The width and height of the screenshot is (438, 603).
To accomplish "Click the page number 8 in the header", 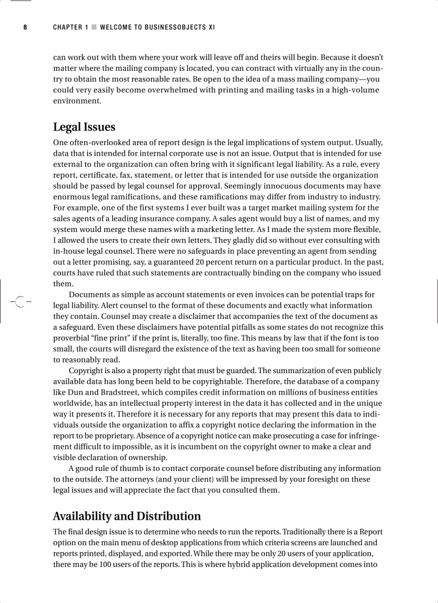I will [25, 27].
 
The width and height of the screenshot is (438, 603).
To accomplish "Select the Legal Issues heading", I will [84, 127].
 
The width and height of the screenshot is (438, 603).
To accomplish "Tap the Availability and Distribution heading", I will [127, 517].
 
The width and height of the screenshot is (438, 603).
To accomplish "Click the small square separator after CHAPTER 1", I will [94, 27].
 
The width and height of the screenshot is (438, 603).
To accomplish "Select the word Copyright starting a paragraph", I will [86, 370].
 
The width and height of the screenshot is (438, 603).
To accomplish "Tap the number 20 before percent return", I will [214, 262].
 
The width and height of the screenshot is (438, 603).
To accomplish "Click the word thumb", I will [138, 468].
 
